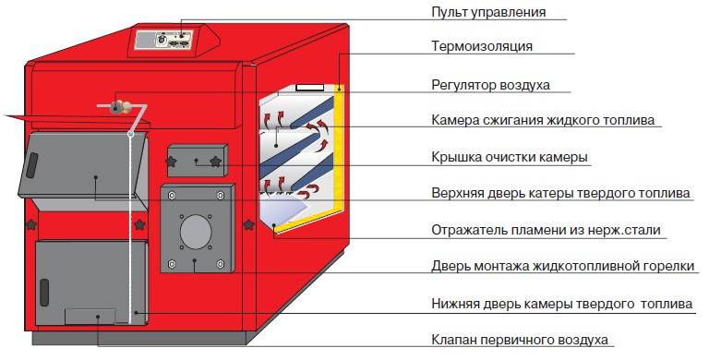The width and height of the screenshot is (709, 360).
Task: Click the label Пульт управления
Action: (x=488, y=12)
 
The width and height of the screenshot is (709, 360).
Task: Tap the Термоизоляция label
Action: (x=482, y=46)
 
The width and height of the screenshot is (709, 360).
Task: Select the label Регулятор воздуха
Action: (x=490, y=85)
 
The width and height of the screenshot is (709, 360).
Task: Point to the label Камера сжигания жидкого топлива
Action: (x=543, y=120)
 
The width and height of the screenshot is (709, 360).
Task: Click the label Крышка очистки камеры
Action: (x=510, y=158)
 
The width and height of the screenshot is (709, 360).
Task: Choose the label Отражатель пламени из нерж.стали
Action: (x=546, y=230)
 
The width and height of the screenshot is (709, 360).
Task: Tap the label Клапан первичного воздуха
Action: (x=520, y=339)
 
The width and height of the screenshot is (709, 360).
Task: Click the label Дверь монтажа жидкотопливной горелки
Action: (x=562, y=266)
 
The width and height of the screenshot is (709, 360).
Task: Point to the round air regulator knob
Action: (x=116, y=107)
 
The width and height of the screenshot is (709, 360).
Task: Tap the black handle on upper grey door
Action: (x=31, y=164)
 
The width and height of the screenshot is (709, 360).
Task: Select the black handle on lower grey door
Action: (x=44, y=293)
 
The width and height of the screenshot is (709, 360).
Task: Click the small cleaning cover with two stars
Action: (x=198, y=161)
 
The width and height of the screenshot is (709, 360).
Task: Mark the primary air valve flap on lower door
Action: (x=90, y=317)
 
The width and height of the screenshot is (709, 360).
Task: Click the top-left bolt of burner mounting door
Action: (x=172, y=196)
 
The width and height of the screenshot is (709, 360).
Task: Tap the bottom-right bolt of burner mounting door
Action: (x=221, y=264)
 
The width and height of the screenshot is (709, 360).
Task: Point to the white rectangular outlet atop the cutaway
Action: (x=310, y=87)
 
